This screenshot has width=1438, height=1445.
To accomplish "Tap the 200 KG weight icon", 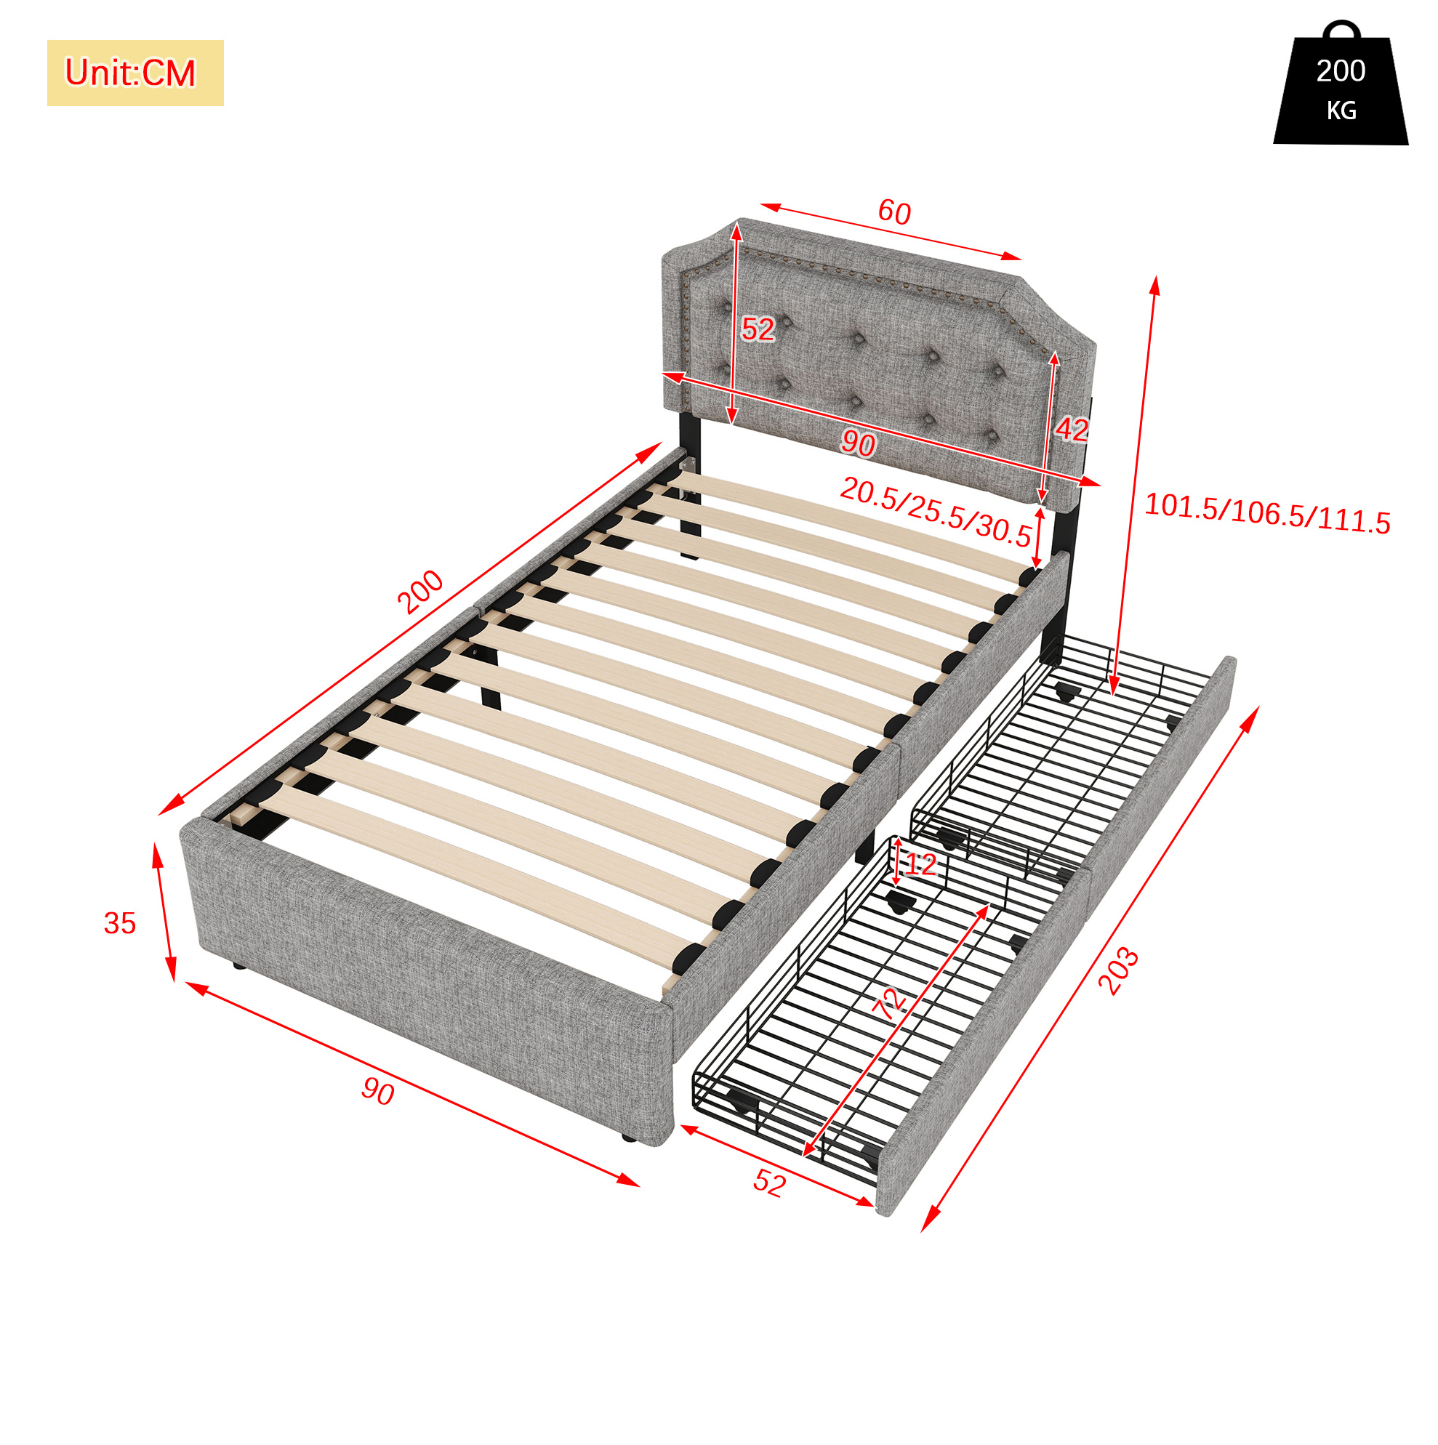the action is (x=1340, y=83).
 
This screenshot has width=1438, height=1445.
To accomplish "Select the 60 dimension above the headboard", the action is (x=894, y=212).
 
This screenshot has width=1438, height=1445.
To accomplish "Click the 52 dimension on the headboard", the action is (x=758, y=329).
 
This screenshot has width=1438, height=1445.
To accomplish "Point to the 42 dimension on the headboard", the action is (x=1071, y=430).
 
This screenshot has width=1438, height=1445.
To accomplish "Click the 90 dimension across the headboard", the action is (x=858, y=444).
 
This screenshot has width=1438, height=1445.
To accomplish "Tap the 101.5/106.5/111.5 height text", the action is (x=1267, y=514).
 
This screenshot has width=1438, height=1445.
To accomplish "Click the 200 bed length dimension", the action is (x=420, y=592).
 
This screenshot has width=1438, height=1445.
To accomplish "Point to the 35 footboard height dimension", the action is (x=120, y=923).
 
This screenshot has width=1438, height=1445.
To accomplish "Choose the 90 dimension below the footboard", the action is (x=378, y=1092).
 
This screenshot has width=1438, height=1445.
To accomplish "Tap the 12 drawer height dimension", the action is (x=921, y=865).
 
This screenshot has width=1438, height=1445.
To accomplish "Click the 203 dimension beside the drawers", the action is (x=1119, y=971).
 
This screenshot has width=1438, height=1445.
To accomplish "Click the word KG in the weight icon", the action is (x=1341, y=110).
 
